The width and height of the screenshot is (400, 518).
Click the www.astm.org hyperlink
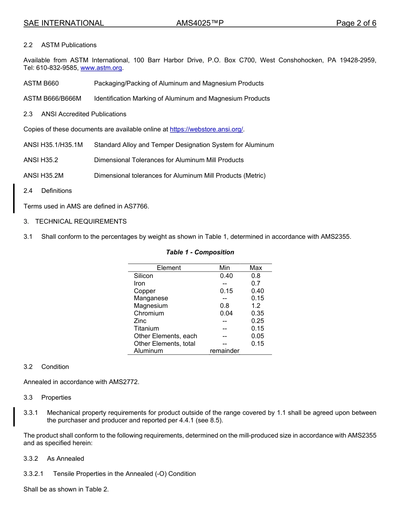pos(101,68)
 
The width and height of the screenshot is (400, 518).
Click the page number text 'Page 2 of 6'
pos(356,23)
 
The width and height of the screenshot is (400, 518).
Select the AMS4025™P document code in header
pos(200,23)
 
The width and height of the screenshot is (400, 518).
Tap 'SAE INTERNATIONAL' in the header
pos(64,23)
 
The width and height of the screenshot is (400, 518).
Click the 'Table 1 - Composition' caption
pos(200,252)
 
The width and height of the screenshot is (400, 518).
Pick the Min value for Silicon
pos(226,276)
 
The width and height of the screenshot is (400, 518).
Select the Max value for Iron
pos(256,283)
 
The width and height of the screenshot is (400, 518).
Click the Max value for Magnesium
pos(256,306)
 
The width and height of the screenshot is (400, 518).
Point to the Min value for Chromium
pos(226,313)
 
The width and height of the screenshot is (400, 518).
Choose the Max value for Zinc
pos(257,321)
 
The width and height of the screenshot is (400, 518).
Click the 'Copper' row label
pos(144,291)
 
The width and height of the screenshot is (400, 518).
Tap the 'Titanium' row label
pos(146,328)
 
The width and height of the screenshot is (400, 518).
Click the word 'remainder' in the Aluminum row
pos(224,351)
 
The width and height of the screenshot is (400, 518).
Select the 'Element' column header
pos(168,268)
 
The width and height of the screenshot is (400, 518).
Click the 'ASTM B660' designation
pos(41,83)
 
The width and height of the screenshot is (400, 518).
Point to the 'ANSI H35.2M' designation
pos(43,176)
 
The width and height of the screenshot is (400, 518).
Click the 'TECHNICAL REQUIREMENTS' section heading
pos(81,222)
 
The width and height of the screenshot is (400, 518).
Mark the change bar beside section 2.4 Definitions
pos(14,198)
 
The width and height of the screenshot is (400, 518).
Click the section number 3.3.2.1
pos(33,474)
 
